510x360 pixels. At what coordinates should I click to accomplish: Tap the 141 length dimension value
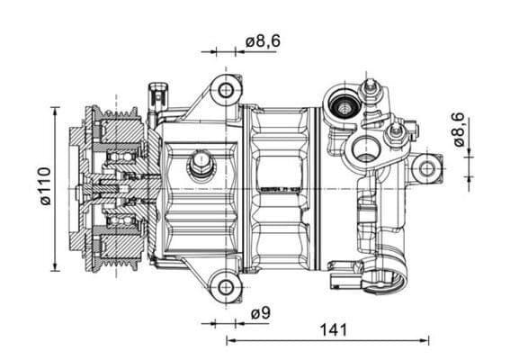click(333, 329)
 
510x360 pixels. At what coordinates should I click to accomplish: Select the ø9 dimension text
click(260, 313)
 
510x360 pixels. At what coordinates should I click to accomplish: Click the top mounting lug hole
click(225, 90)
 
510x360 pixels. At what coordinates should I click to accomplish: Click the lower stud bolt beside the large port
click(393, 135)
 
